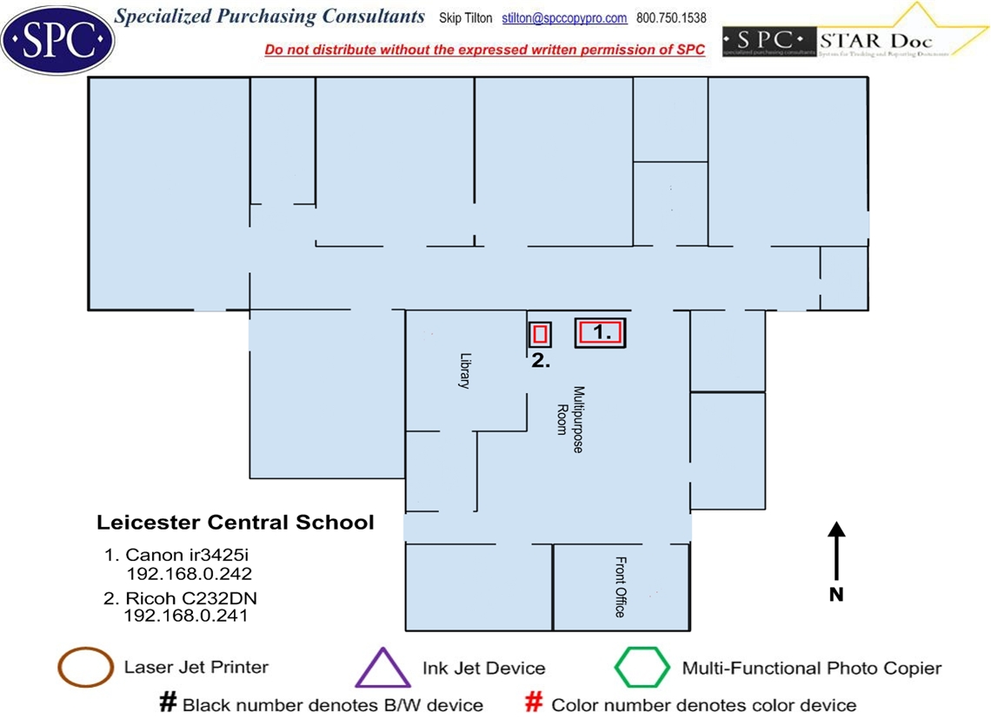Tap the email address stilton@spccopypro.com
coord(564,18)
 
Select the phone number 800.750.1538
coord(671,18)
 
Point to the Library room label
coord(465,370)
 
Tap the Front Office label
coord(620,587)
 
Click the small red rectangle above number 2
coord(541,334)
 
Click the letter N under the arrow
coord(836,596)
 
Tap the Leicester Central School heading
coord(236,523)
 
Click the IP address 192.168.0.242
coord(189,574)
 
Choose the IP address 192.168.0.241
coord(186,616)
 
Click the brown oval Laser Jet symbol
coord(85,668)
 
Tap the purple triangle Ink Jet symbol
coord(382,669)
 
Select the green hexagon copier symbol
coord(642,668)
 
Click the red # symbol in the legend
coord(535,703)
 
